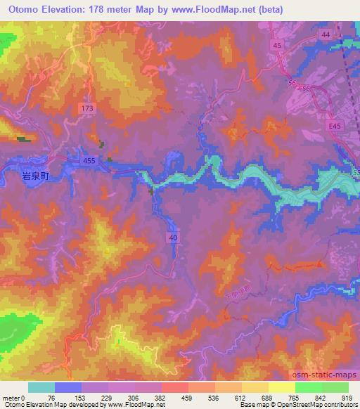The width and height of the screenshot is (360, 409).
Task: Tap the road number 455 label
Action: (90, 160)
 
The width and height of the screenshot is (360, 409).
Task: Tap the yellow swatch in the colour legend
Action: (281, 387)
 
